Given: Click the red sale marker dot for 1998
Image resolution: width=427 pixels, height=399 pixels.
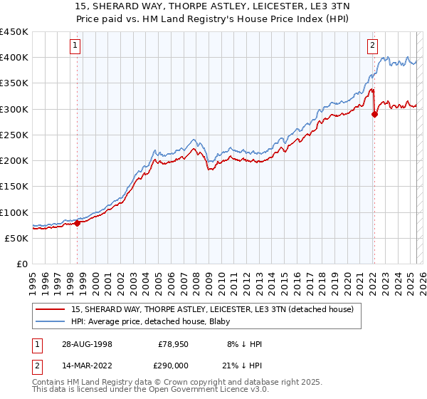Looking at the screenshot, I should point(78,223).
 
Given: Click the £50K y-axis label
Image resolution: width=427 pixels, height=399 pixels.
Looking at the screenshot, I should point(16,238).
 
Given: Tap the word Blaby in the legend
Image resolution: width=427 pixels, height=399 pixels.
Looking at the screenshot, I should point(209,321).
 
